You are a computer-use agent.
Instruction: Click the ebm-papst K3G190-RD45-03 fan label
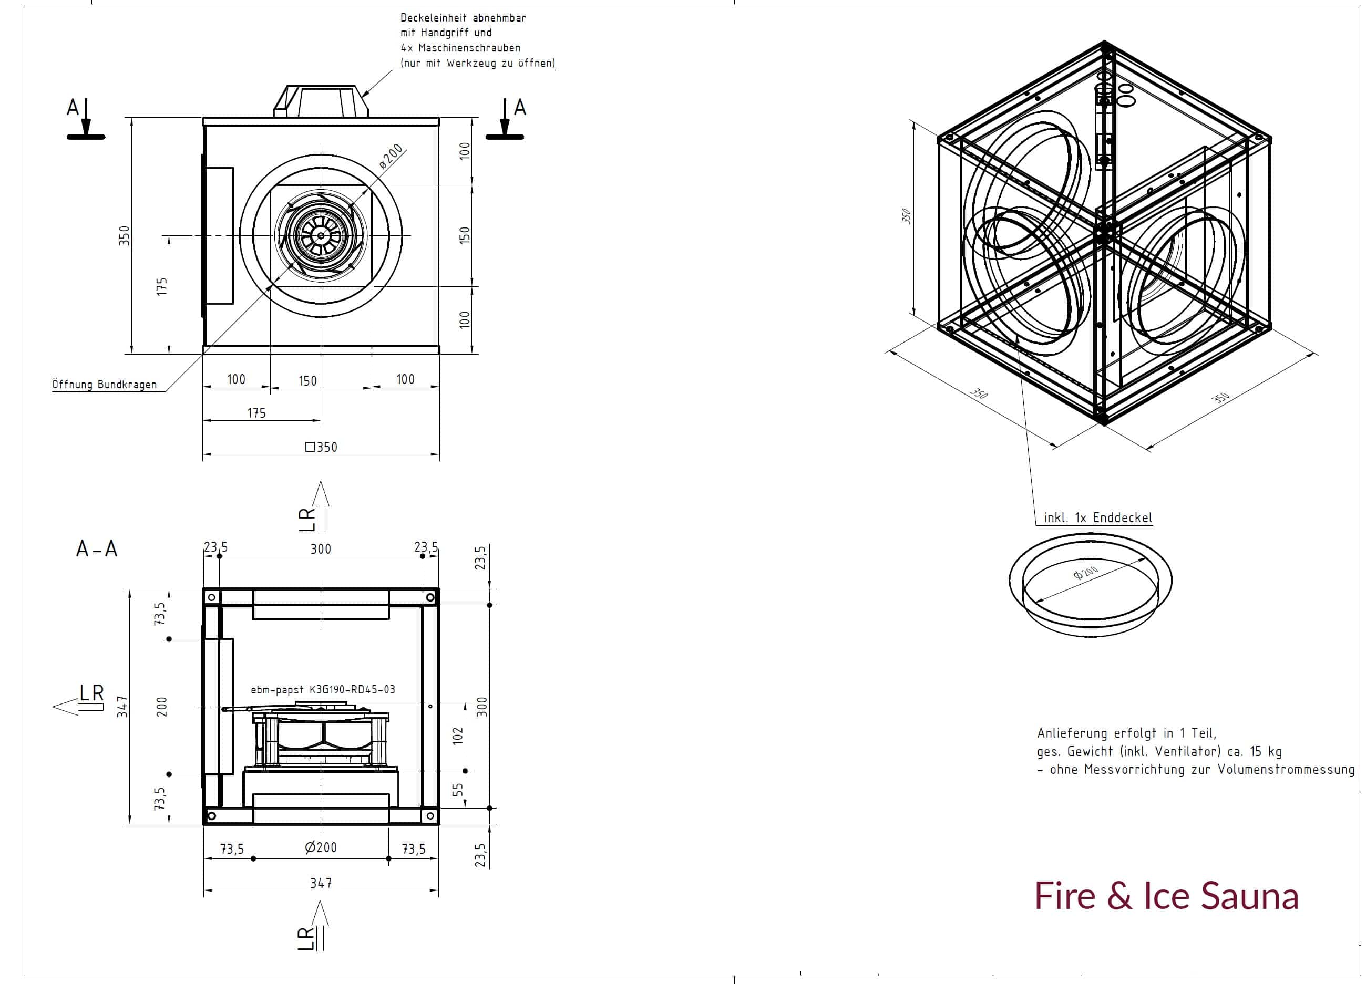[x=323, y=689]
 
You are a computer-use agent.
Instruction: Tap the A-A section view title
[x=96, y=548]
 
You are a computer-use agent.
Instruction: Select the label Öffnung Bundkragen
[x=104, y=384]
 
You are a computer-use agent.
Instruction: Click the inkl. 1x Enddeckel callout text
[x=1098, y=518]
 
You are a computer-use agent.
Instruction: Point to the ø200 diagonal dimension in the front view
[x=392, y=156]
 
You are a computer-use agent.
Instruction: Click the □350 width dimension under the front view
[x=321, y=447]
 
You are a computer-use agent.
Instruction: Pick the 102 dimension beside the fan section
[x=458, y=736]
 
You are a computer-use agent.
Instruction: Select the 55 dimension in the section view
[x=458, y=790]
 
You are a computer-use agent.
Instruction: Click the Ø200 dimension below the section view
[x=321, y=848]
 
